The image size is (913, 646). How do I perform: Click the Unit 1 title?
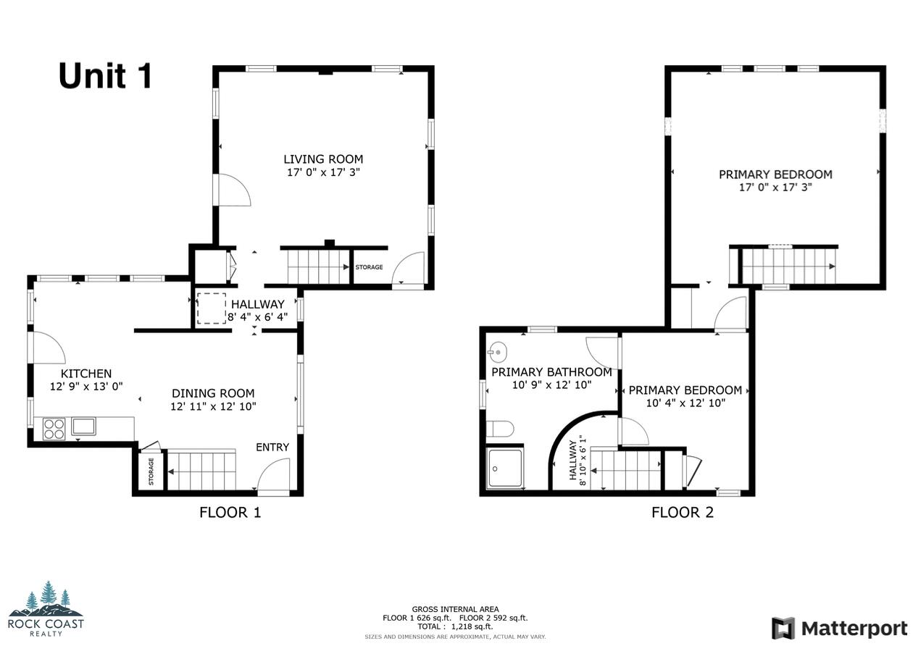point(105,76)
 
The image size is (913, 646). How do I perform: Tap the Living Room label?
point(322,159)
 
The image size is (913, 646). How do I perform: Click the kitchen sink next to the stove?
point(83,426)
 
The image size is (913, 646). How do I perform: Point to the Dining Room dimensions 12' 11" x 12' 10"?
point(213,406)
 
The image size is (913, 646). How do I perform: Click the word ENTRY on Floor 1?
point(272,447)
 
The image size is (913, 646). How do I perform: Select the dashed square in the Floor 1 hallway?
point(212,308)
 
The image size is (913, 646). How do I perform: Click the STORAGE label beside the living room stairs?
point(369,267)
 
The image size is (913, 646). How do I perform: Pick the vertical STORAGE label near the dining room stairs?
point(151,471)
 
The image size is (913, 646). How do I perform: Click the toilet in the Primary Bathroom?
point(499,429)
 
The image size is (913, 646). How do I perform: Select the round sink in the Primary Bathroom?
point(496,352)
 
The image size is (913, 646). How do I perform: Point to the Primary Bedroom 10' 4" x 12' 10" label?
point(685,397)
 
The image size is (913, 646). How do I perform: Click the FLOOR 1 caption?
point(230,513)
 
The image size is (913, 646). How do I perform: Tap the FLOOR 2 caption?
point(682,513)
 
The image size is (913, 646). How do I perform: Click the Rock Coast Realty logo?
point(46,608)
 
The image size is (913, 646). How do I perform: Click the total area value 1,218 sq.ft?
point(472,626)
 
